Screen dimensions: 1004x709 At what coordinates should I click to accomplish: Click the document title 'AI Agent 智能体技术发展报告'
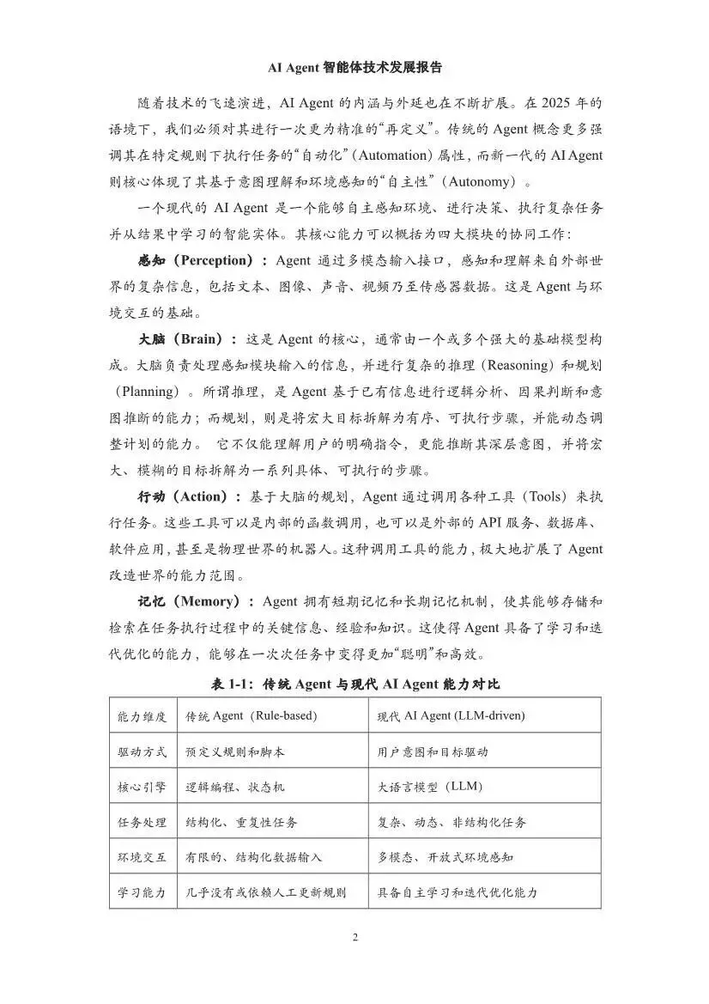click(354, 66)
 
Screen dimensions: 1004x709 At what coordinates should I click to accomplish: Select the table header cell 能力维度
click(142, 715)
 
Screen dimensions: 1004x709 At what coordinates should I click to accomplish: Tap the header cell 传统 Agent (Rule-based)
click(251, 715)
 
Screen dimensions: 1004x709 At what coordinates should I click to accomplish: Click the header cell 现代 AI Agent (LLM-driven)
click(451, 715)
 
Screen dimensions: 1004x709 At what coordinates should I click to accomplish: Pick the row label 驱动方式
click(142, 751)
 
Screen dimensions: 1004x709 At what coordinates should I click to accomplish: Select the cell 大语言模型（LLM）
click(431, 787)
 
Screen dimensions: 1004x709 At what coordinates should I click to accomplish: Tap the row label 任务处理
click(142, 822)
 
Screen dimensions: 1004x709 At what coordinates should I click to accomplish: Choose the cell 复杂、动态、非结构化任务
click(452, 822)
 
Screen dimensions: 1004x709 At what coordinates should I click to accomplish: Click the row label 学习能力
click(142, 892)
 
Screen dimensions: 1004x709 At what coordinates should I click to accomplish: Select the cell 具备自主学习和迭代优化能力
click(458, 892)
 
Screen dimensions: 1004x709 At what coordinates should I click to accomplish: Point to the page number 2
click(354, 936)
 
